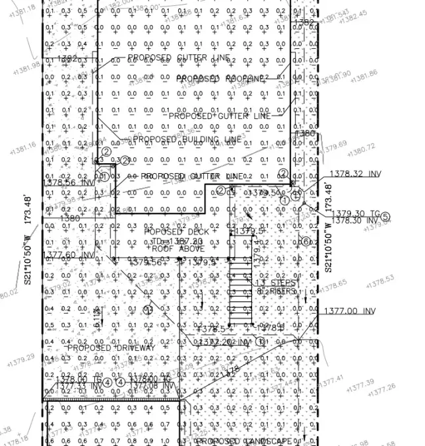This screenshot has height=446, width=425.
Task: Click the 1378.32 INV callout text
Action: click(x=356, y=174)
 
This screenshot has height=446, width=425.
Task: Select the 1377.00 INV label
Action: click(x=349, y=311)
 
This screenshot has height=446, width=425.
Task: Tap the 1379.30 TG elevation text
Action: click(x=356, y=213)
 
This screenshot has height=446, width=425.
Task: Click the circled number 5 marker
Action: click(x=386, y=216)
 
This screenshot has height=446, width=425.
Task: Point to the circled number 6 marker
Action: click(x=304, y=241)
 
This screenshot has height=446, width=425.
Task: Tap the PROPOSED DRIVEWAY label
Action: click(x=111, y=348)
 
